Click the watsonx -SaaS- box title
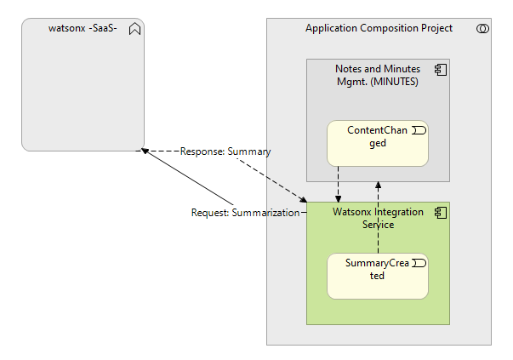pyautogui.click(x=83, y=29)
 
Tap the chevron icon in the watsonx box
pyautogui.click(x=134, y=29)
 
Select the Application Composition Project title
pyautogui.click(x=379, y=29)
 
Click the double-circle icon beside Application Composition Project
pyautogui.click(x=482, y=29)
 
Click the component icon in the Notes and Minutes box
pyautogui.click(x=441, y=68)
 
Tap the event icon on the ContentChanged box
pyautogui.click(x=419, y=130)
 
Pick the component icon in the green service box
pyautogui.click(x=441, y=212)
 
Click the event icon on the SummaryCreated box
pyautogui.click(x=419, y=264)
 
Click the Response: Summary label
pyautogui.click(x=225, y=151)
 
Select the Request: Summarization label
pyautogui.click(x=246, y=213)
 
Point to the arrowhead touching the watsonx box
pyautogui.click(x=145, y=151)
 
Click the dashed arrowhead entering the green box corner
pyautogui.click(x=303, y=200)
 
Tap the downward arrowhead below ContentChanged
pyautogui.click(x=339, y=197)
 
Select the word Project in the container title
pyautogui.click(x=434, y=29)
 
